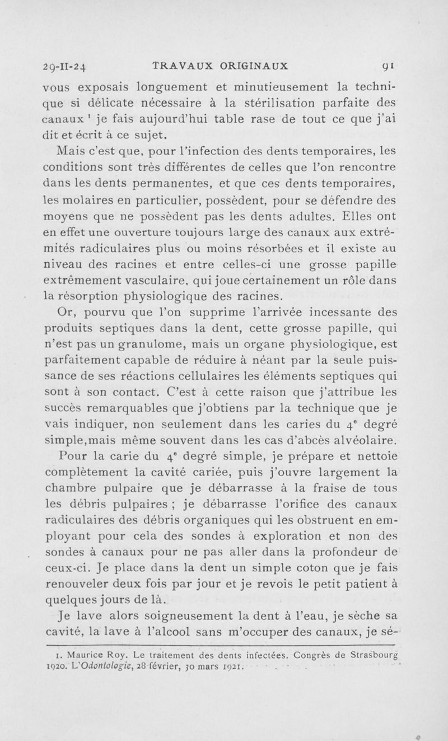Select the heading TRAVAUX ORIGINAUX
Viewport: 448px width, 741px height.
pyautogui.click(x=221, y=65)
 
